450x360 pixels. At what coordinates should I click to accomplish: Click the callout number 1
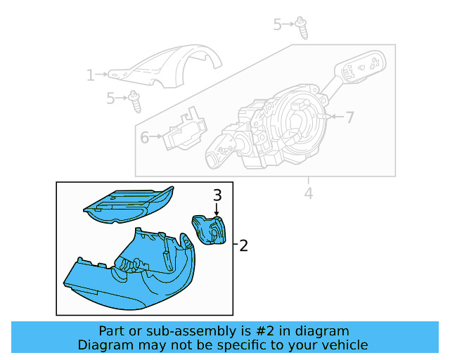click(x=90, y=75)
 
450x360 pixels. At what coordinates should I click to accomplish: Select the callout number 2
click(x=244, y=245)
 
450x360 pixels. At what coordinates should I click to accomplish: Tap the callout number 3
click(x=217, y=195)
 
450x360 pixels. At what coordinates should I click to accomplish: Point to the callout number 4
click(x=307, y=193)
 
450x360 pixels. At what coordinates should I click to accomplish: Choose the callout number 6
click(x=144, y=137)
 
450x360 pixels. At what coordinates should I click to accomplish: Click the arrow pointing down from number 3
click(x=217, y=209)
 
